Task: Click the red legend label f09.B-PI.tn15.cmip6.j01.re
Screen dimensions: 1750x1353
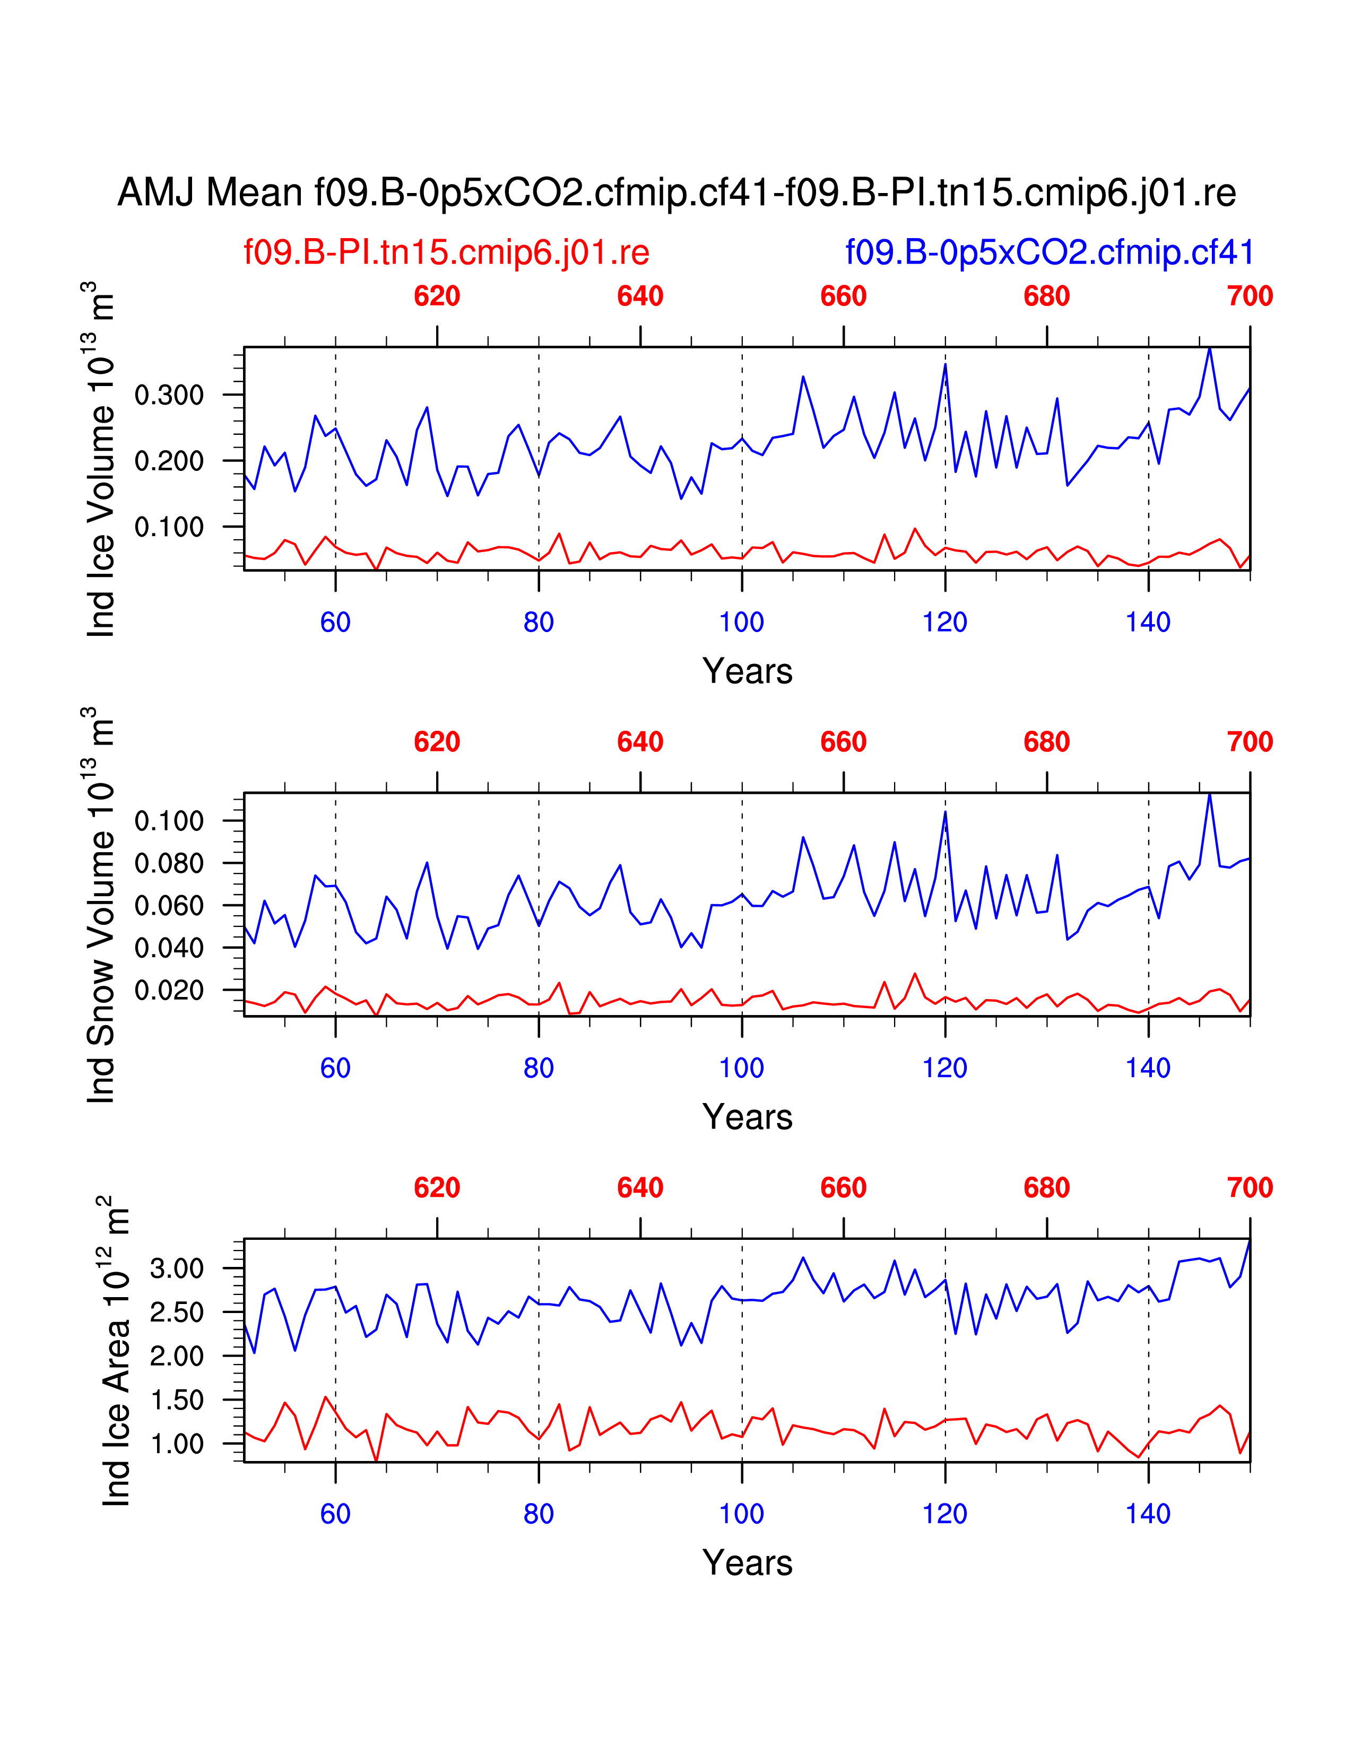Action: (446, 252)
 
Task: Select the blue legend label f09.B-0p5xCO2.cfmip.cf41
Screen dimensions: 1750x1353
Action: (1049, 252)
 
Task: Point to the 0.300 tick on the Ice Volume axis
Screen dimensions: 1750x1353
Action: (169, 395)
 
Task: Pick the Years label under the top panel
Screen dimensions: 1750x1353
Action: (747, 671)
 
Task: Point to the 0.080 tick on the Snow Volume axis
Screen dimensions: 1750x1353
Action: (169, 864)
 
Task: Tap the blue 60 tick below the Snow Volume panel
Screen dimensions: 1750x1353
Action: (335, 1068)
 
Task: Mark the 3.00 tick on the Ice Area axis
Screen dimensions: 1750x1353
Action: (177, 1268)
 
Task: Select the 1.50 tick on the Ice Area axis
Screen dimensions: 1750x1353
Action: (177, 1401)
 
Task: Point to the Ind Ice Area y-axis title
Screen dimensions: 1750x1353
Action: (115, 1351)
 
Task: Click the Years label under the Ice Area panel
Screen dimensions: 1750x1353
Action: (747, 1563)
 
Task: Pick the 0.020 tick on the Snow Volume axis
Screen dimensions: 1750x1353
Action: (169, 991)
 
